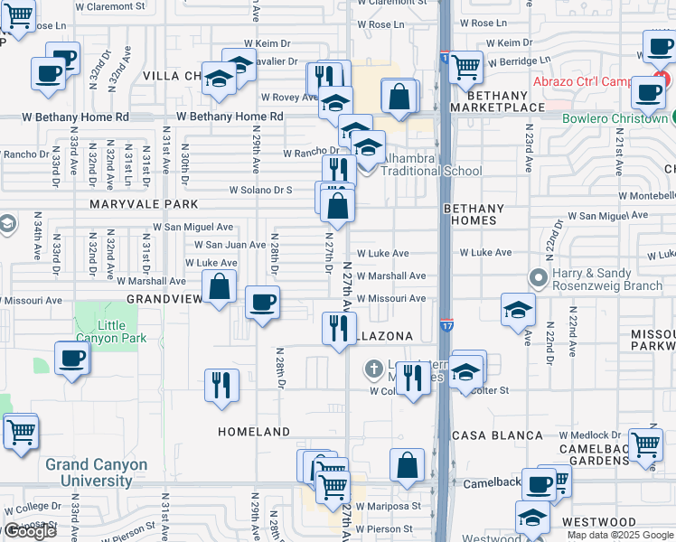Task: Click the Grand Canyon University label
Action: pos(96,472)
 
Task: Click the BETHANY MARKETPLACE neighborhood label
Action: pos(497,101)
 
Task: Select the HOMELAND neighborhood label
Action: pos(254,432)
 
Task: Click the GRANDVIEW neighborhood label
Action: pos(164,298)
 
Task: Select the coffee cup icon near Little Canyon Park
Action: pos(72,359)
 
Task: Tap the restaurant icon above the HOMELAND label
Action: pos(221,385)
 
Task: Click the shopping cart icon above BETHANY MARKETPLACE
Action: pos(465,65)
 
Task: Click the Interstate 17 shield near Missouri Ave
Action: pos(446,324)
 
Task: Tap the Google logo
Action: pos(29,532)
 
